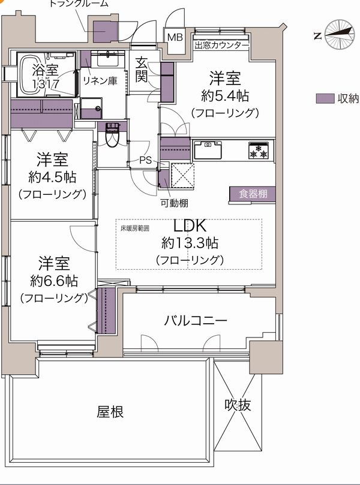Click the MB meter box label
coord(175,37)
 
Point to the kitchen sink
coord(208,150)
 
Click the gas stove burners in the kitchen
coord(259,151)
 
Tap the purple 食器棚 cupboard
coord(252,195)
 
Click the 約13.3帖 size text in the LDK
coord(190,243)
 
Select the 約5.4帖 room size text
coord(225,96)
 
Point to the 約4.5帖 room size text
coord(52,177)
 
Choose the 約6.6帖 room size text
coord(54,281)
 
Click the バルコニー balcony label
coord(196,321)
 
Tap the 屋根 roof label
coord(110,412)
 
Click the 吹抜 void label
coord(238,405)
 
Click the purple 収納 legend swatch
coord(325,99)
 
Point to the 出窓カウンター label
coord(221,46)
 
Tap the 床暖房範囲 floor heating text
coord(135,228)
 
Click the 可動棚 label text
coord(174,203)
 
